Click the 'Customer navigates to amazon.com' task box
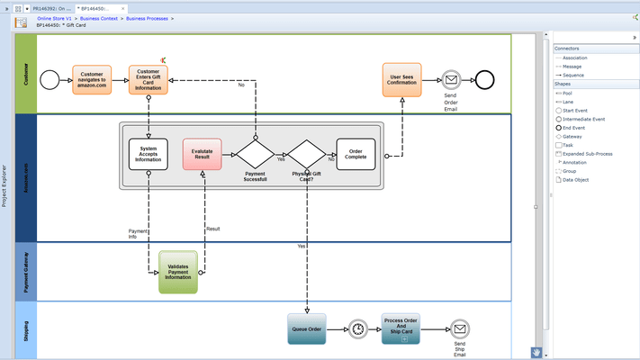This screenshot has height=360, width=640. [92, 80]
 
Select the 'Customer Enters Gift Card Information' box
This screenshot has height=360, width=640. [148, 80]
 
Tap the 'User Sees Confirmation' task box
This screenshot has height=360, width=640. [401, 80]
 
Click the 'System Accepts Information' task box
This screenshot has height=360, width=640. [149, 154]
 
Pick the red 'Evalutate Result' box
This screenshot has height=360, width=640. [202, 154]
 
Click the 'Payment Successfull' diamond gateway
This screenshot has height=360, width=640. [255, 154]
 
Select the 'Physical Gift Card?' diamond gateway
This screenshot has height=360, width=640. [306, 154]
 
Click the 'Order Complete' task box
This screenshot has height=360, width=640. [356, 154]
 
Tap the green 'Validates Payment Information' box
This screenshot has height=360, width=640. [177, 272]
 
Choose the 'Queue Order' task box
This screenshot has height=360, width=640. [306, 328]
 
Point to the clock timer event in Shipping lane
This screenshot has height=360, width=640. [357, 329]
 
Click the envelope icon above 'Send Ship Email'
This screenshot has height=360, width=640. [459, 329]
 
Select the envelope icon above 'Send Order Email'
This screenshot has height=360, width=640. [451, 80]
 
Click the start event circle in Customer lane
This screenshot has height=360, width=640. [50, 80]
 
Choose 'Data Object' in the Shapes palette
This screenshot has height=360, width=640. [575, 180]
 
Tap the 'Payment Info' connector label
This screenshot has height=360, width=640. [139, 234]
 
